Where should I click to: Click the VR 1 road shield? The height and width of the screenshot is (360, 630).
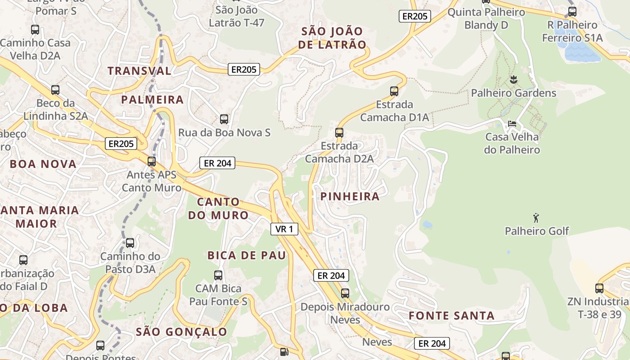(x=284, y=229)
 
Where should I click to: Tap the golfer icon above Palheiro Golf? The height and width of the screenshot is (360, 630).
(x=536, y=218)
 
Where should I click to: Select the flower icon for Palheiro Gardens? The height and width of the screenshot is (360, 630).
(x=513, y=80)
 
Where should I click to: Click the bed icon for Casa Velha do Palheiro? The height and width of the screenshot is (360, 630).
(x=512, y=123)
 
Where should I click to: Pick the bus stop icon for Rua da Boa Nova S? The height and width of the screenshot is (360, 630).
(x=224, y=119)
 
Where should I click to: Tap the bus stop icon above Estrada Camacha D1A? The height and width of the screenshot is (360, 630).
(x=394, y=91)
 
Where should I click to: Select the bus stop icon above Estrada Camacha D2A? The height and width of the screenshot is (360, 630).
(x=339, y=133)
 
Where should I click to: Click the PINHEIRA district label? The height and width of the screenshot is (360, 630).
(x=350, y=197)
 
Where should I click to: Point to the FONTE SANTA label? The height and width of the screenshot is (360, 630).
(x=451, y=316)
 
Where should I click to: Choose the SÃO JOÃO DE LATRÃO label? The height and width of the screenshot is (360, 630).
(x=332, y=38)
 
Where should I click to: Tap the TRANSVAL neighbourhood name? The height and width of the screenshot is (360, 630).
(x=139, y=71)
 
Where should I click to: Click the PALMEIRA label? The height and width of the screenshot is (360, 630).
(x=152, y=100)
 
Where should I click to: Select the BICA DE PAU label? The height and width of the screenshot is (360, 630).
(x=246, y=256)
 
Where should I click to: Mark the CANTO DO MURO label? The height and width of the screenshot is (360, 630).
(x=218, y=208)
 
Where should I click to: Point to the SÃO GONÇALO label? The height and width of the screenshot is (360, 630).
(x=181, y=332)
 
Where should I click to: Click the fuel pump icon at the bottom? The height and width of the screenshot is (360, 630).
(x=284, y=352)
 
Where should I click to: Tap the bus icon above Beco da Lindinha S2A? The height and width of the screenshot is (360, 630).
(x=55, y=90)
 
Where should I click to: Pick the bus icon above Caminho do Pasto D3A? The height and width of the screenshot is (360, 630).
(x=130, y=243)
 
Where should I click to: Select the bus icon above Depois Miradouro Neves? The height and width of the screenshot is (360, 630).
(x=345, y=293)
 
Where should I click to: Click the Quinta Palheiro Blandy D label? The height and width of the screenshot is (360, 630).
(x=486, y=18)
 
